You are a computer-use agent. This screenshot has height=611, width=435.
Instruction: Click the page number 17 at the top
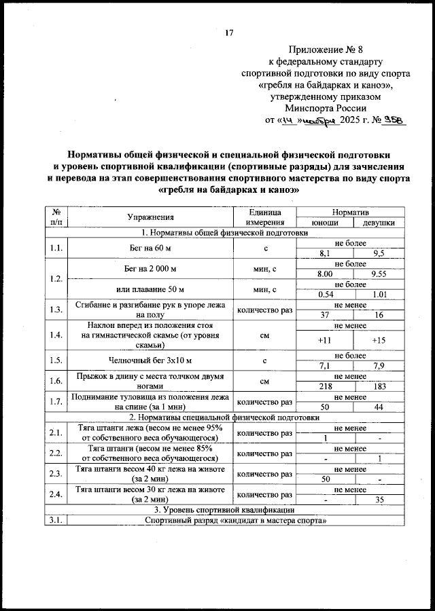coord(229,32)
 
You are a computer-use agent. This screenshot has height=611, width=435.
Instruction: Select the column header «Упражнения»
coord(150,217)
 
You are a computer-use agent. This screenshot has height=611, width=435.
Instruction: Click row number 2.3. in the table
coord(56,474)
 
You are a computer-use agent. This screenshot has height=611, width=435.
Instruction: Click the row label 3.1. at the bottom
coord(56,520)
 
